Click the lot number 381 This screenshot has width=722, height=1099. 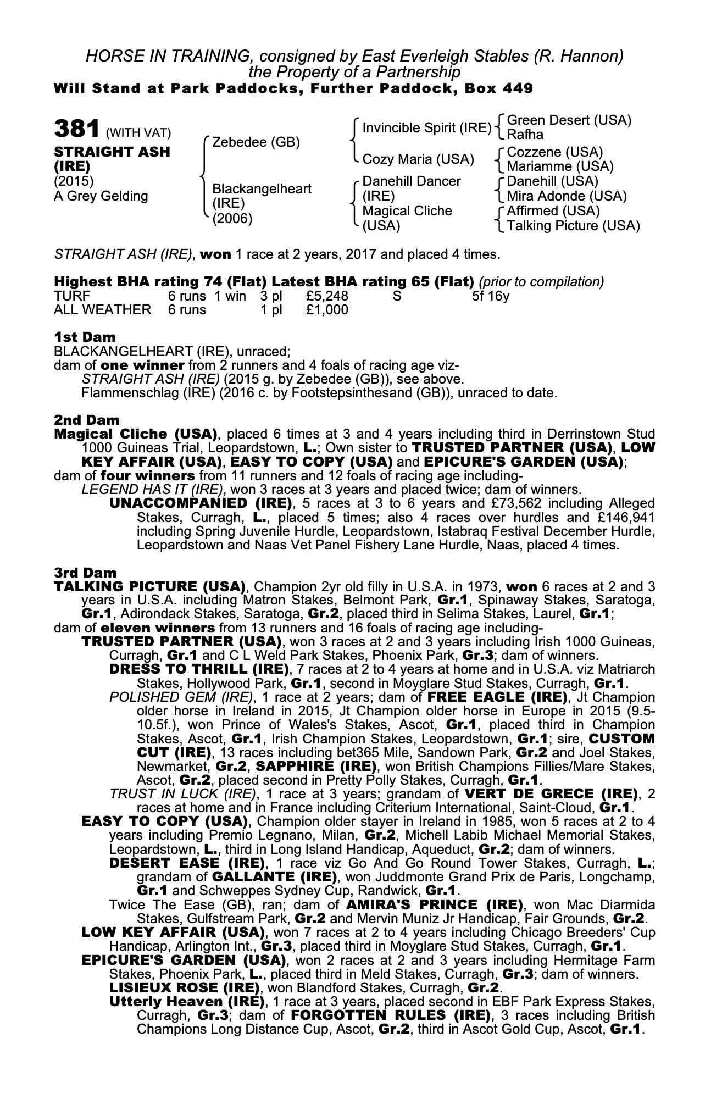(76, 129)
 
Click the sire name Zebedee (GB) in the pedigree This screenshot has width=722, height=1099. (256, 142)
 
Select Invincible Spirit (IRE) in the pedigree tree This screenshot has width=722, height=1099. (427, 128)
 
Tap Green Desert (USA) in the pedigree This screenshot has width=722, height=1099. (569, 120)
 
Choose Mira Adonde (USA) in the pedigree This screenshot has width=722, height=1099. (567, 196)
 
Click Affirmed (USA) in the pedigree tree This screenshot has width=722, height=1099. (553, 211)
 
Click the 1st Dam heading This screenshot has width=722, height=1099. (85, 337)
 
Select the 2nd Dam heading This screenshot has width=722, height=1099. (87, 420)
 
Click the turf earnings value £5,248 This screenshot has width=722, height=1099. (327, 296)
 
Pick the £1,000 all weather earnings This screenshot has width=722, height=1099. (327, 310)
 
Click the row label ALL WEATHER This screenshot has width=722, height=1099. (102, 310)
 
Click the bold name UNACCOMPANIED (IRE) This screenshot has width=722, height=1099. (201, 503)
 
